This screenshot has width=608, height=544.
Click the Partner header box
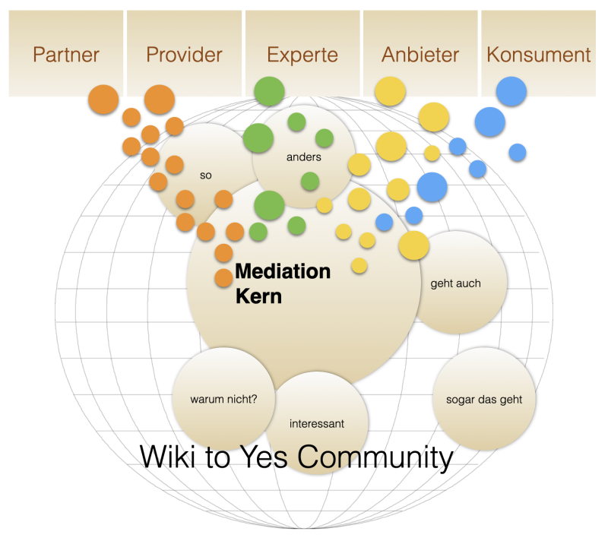point(66,54)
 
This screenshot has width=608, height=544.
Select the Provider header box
point(184,54)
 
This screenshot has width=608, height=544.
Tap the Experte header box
point(302,54)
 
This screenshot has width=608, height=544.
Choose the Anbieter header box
point(420,54)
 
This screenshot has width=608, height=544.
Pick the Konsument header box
point(539,54)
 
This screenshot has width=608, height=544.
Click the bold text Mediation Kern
point(283,283)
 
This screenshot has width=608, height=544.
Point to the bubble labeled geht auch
point(456,283)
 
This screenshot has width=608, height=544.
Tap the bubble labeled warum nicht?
point(224,397)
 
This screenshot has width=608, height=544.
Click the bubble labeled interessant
point(318,423)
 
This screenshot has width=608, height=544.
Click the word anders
point(304,157)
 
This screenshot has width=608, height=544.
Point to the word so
point(205,176)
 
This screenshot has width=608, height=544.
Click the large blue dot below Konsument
point(511,91)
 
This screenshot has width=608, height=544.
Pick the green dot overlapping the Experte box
point(268,92)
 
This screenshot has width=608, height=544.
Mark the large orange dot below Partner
point(103,100)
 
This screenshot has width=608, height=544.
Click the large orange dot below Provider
point(160,100)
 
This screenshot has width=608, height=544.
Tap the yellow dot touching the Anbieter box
point(391,92)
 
